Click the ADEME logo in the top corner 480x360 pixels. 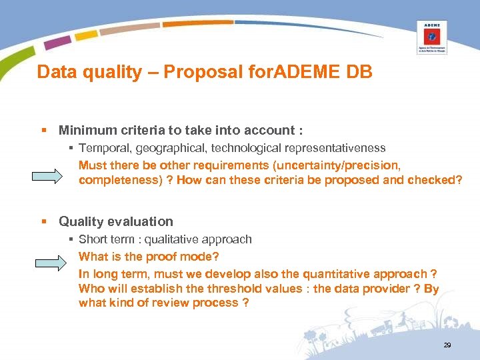[432, 37]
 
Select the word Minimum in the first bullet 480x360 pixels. [85, 131]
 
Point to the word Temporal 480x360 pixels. [101, 148]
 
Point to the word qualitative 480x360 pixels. [166, 239]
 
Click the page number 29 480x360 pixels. [447, 345]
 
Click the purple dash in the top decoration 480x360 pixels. [57, 43]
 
